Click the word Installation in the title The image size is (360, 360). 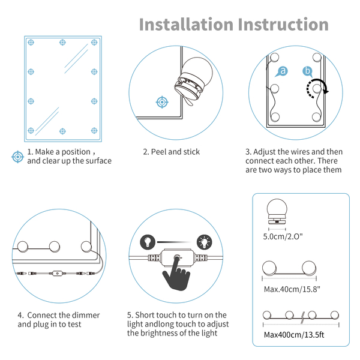pyautogui.click(x=186, y=25)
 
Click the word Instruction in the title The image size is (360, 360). pyautogui.click(x=283, y=25)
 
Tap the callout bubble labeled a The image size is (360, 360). pyautogui.click(x=282, y=71)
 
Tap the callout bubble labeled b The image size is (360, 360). pyautogui.click(x=307, y=71)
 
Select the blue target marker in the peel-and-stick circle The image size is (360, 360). pyautogui.click(x=162, y=102)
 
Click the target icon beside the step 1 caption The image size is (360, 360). pyautogui.click(x=17, y=157)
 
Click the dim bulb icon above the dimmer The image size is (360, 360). pyautogui.click(x=148, y=242)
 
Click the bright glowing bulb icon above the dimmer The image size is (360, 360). pyautogui.click(x=205, y=242)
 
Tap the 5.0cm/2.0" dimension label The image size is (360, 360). pyautogui.click(x=283, y=236)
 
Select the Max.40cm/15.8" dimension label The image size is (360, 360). pyautogui.click(x=292, y=289)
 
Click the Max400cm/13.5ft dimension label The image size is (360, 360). pyautogui.click(x=294, y=335)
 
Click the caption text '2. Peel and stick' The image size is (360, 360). pyautogui.click(x=172, y=152)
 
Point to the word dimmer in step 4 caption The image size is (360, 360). pyautogui.click(x=86, y=315)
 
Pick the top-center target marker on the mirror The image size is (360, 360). pyautogui.click(x=62, y=42)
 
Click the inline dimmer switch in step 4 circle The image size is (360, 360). pyautogui.click(x=57, y=274)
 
